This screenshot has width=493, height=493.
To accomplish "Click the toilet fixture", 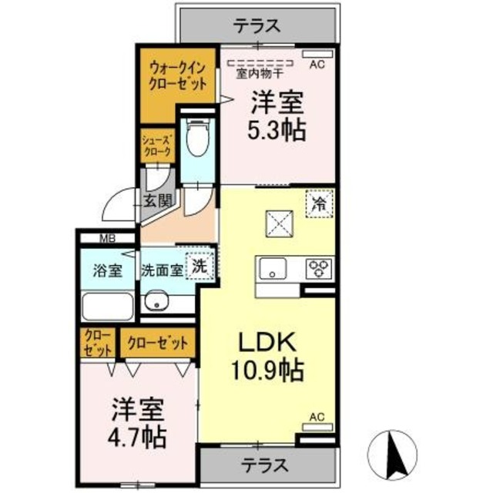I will click(x=198, y=139).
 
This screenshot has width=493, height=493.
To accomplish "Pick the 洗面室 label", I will click(x=162, y=270).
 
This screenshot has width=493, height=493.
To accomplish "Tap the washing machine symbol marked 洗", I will click(x=199, y=267).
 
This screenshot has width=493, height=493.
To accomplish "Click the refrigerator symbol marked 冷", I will click(x=317, y=205).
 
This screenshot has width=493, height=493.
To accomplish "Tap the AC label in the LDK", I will click(x=317, y=418).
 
